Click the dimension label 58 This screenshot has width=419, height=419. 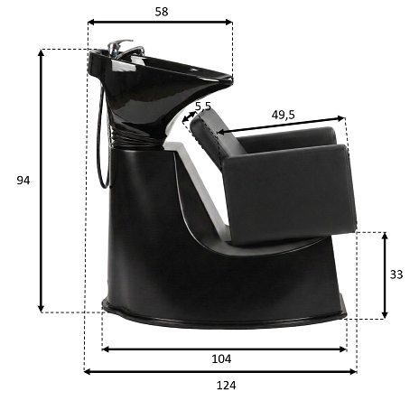(162, 12)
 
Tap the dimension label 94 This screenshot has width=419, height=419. (23, 181)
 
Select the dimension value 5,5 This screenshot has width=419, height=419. (203, 107)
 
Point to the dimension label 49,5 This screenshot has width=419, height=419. (283, 115)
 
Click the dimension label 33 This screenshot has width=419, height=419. (396, 275)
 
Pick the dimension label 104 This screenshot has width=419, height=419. (221, 358)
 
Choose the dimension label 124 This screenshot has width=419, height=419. (226, 386)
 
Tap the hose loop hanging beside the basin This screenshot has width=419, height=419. (103, 135)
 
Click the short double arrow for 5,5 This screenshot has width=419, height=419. (189, 116)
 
